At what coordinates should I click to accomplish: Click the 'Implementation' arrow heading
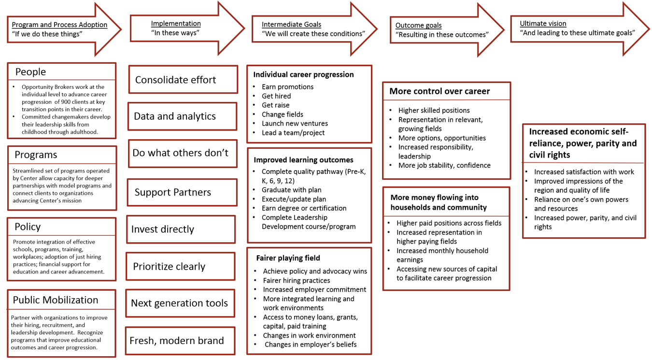tap(176, 23)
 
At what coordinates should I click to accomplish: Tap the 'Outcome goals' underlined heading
tap(418, 25)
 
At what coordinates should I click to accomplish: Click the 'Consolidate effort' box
tap(183, 80)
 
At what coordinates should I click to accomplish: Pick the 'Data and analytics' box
tap(182, 116)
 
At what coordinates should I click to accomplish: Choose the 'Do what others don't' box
tap(183, 153)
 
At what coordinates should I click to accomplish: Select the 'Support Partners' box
tap(182, 192)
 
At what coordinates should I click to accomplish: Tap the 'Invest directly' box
tap(181, 229)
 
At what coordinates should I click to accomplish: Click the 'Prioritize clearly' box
tap(180, 266)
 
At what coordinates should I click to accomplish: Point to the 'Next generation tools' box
tap(180, 303)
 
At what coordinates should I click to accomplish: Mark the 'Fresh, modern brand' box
tap(180, 341)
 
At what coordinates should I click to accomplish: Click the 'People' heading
tap(30, 72)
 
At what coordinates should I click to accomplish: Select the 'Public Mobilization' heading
tap(56, 300)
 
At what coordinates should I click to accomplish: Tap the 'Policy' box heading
tap(28, 227)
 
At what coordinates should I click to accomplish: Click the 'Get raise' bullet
tap(275, 105)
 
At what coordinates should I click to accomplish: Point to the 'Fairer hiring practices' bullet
tap(296, 280)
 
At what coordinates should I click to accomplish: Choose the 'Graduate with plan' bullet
tap(291, 190)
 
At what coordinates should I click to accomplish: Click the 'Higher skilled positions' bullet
tap(434, 110)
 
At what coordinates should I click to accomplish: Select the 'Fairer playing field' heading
tap(288, 258)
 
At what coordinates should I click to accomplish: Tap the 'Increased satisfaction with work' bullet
tap(583, 172)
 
